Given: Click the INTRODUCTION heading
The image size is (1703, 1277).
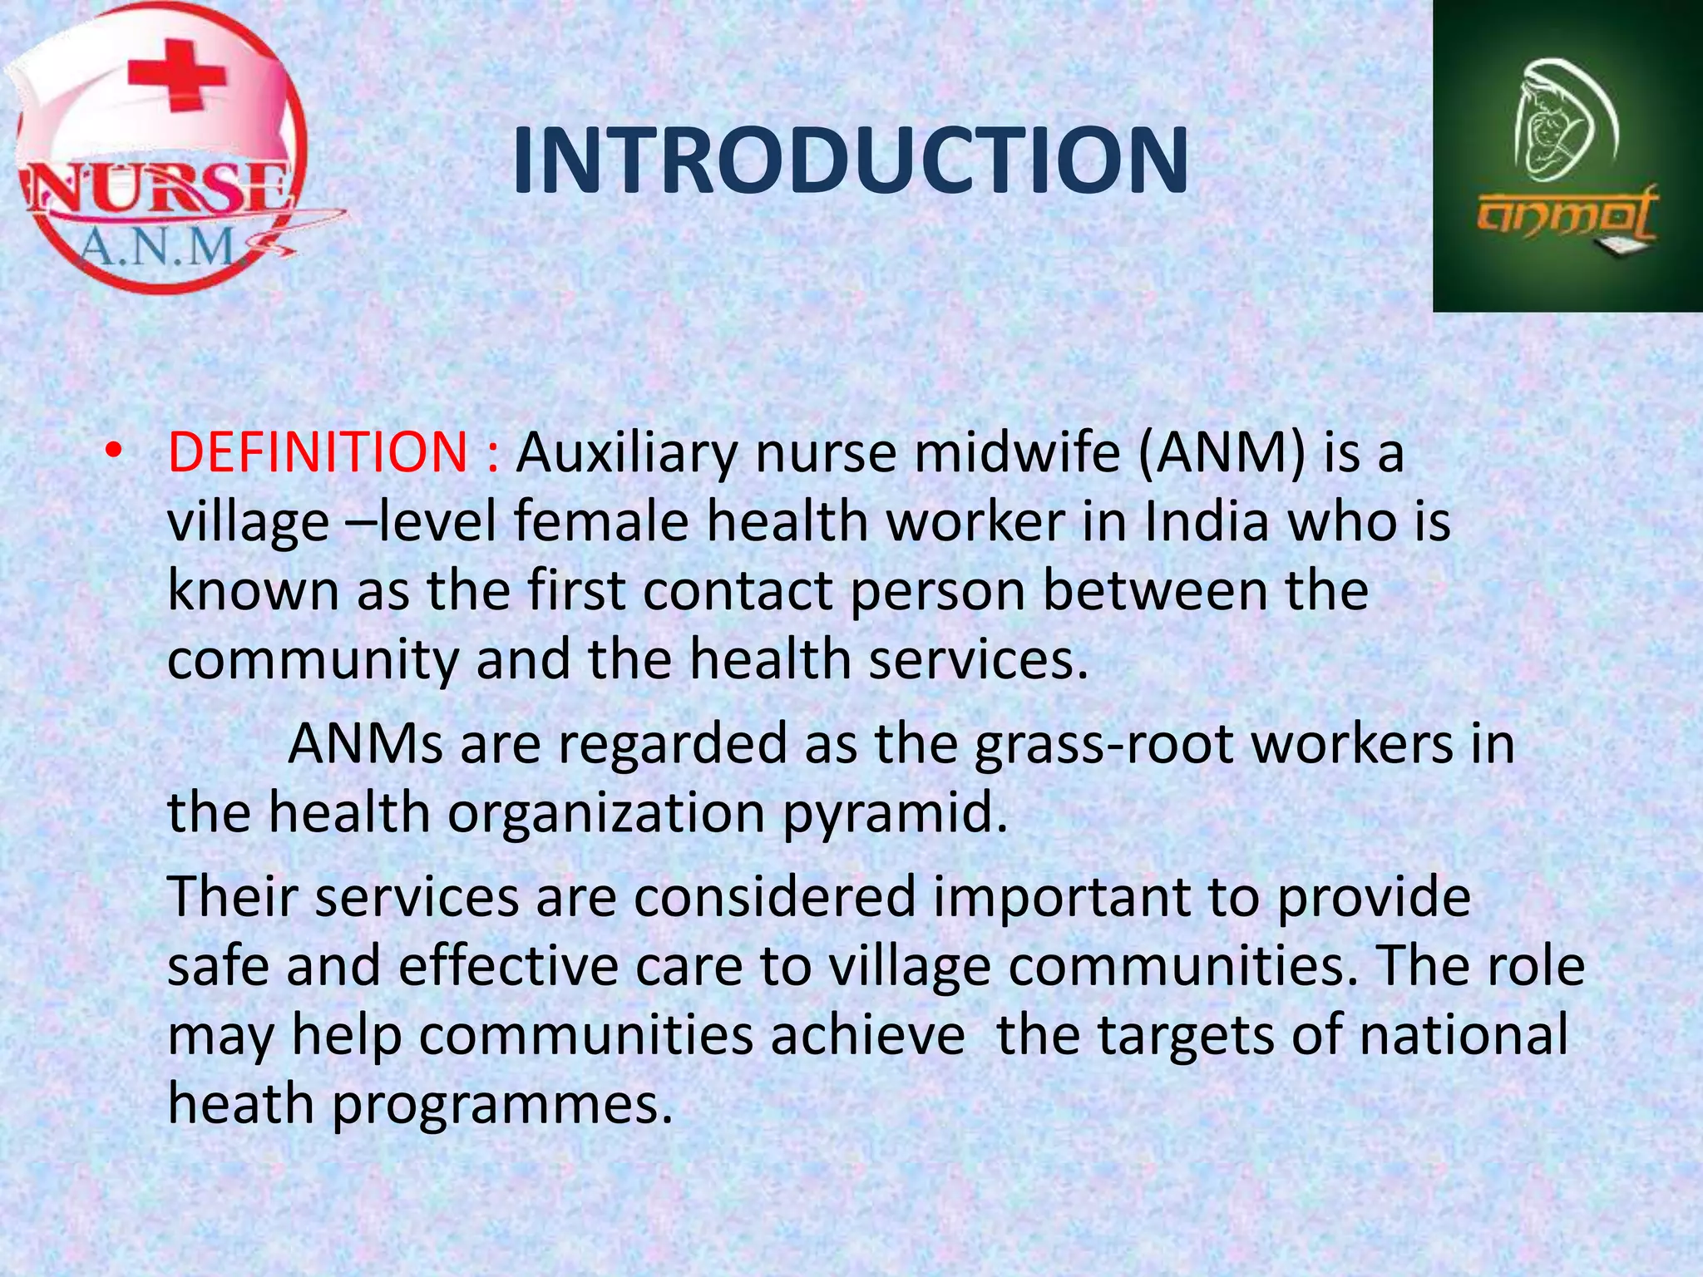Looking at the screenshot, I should coord(850,161).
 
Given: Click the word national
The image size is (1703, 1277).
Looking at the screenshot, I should coord(1464,1035).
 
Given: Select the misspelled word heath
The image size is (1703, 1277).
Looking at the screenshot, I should coord(241,1104).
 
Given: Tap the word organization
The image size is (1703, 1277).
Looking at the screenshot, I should coord(606,812).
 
